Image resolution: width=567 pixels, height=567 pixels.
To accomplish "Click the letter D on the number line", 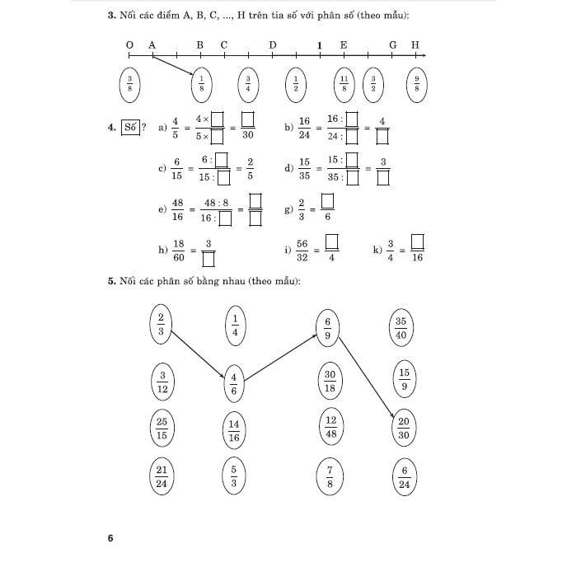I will click(x=273, y=45).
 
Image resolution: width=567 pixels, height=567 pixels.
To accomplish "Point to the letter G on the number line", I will click(x=392, y=45).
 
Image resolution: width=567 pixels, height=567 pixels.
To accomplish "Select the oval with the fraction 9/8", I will click(x=417, y=83).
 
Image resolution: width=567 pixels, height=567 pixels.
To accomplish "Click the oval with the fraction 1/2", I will click(x=295, y=83).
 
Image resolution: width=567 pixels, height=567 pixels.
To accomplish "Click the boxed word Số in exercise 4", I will click(x=129, y=127).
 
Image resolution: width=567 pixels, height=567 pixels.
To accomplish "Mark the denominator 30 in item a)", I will click(x=247, y=135).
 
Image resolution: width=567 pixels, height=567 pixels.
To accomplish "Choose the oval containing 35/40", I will click(x=401, y=327).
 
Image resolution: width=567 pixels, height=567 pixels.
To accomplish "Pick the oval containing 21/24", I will click(x=162, y=476).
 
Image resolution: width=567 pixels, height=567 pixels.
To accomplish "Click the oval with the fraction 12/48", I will click(x=330, y=427).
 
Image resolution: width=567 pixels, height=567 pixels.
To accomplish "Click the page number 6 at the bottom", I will click(x=110, y=539).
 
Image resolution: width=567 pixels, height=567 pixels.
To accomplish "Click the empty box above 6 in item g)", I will click(x=327, y=201).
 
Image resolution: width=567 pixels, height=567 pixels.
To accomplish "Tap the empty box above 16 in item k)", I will click(x=417, y=242).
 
